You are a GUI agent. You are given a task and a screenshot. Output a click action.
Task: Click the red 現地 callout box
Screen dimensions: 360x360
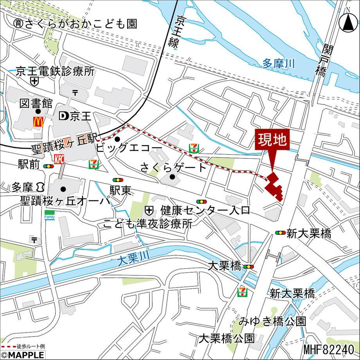pos(272,140)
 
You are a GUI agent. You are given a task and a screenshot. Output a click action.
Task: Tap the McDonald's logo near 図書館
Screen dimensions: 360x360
pos(38,122)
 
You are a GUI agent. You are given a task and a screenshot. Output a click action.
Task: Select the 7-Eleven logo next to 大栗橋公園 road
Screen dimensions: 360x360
pos(242,291)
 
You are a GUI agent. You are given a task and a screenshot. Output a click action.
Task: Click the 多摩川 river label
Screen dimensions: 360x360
pos(279,63)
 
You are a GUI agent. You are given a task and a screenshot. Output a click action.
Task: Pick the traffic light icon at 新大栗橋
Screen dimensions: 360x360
pos(280,233)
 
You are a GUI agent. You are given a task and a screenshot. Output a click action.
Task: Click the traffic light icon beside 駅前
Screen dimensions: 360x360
pos(48,166)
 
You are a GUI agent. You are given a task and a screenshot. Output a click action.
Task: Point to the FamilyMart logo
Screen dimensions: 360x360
pos(49,216)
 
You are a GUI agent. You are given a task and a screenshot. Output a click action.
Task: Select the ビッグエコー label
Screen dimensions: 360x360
pos(128,148)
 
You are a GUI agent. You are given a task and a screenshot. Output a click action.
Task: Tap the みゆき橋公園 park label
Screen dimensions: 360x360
pos(273,322)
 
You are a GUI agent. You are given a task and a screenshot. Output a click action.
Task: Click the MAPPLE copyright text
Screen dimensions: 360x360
pos(22,355)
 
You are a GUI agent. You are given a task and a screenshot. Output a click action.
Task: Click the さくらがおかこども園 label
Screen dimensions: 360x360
pos(75,24)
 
